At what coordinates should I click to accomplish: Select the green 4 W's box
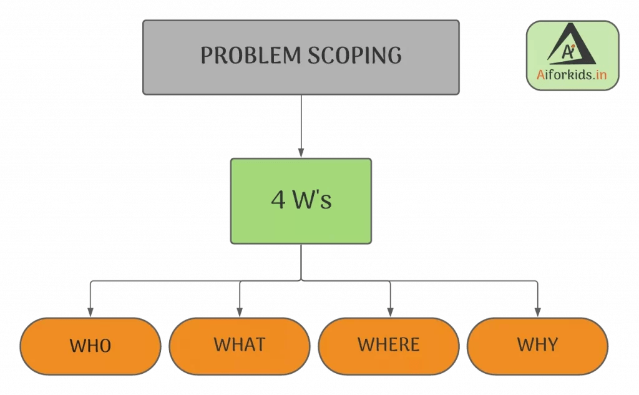point(301,200)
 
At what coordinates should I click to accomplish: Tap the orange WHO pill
point(90,346)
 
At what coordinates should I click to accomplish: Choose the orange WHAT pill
point(240,344)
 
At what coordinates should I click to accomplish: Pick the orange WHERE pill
point(389,344)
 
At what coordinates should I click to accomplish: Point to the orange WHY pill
point(537,344)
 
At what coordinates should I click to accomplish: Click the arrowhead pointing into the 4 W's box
point(301,153)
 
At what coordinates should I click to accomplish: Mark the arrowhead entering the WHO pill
point(90,312)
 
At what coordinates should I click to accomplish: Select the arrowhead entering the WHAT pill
point(240,312)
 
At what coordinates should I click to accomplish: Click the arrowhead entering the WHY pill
point(537,312)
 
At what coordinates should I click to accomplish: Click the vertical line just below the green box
point(301,262)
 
